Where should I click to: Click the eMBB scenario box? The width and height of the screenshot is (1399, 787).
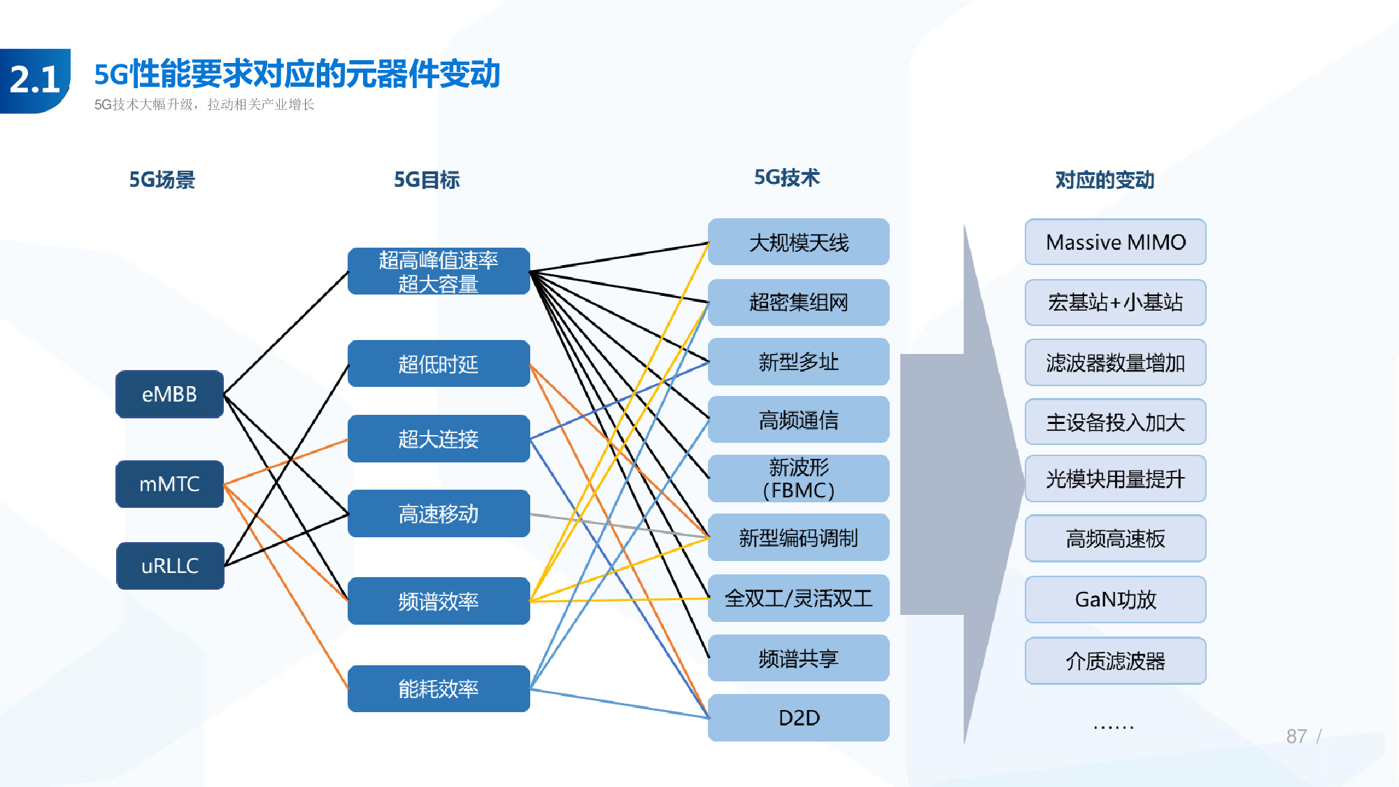pyautogui.click(x=169, y=395)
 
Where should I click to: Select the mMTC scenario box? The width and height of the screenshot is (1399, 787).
pyautogui.click(x=169, y=484)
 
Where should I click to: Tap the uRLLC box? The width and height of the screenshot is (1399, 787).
pyautogui.click(x=170, y=566)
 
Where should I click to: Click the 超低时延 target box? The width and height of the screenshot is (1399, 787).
pyautogui.click(x=439, y=364)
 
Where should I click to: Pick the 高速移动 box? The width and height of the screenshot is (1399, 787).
pyautogui.click(x=439, y=514)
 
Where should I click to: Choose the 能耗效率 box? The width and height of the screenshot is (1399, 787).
pyautogui.click(x=439, y=689)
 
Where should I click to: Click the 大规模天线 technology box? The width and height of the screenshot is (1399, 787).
pyautogui.click(x=798, y=243)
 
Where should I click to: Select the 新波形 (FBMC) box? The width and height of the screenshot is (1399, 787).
pyautogui.click(x=798, y=478)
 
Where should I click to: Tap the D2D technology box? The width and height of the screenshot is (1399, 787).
pyautogui.click(x=798, y=718)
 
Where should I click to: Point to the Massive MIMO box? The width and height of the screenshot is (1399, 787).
pyautogui.click(x=1115, y=242)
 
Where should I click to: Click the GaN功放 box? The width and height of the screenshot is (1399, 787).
pyautogui.click(x=1115, y=600)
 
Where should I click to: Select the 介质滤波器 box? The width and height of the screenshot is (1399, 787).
pyautogui.click(x=1115, y=660)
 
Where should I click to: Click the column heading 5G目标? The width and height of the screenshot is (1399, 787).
pyautogui.click(x=427, y=180)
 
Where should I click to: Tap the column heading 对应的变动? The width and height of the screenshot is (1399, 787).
pyautogui.click(x=1105, y=180)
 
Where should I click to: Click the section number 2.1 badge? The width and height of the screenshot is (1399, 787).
pyautogui.click(x=35, y=80)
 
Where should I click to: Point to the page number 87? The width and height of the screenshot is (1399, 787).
pyautogui.click(x=1296, y=736)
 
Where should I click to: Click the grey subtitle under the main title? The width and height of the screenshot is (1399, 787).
pyautogui.click(x=204, y=105)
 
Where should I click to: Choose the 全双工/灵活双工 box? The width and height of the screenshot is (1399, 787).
pyautogui.click(x=798, y=599)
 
